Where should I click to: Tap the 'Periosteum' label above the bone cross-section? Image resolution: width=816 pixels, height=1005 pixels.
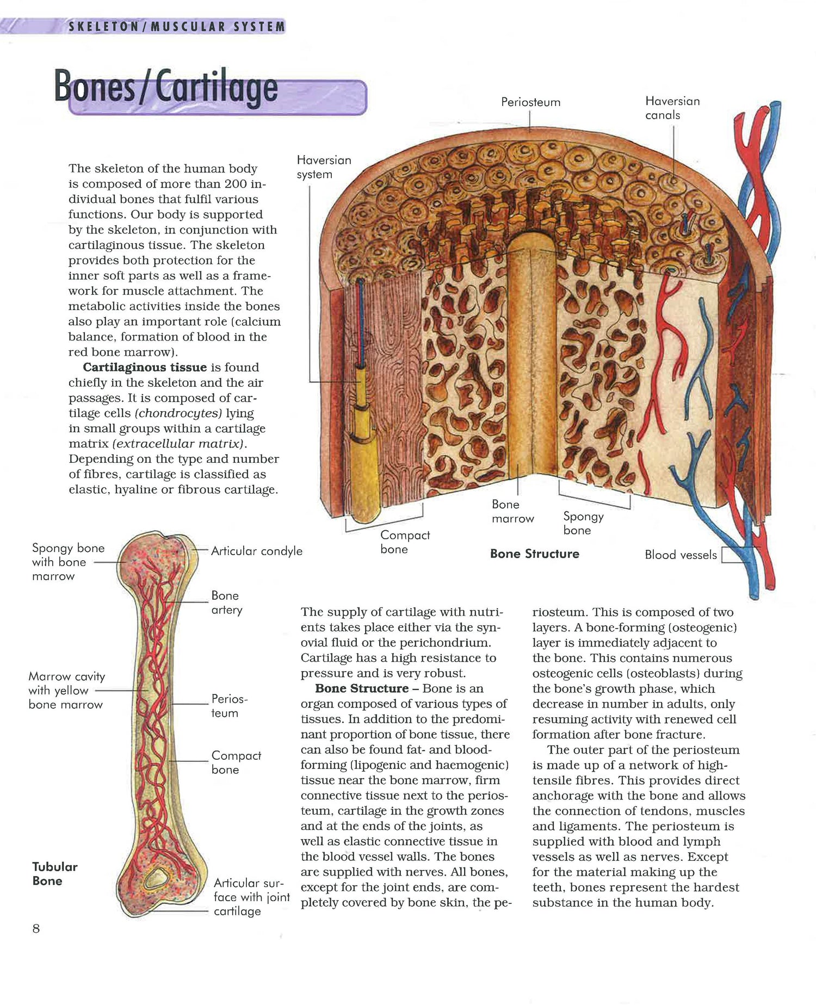point(530,102)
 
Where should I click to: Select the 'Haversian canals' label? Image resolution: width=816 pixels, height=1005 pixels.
point(672,108)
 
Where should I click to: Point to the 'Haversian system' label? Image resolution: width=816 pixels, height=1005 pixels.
point(324,167)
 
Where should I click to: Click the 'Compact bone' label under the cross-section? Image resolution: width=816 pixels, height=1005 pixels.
point(405,542)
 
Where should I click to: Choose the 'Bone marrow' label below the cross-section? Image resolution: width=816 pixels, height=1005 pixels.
point(512,511)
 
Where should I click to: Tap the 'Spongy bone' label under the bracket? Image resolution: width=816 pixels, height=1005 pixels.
point(583,523)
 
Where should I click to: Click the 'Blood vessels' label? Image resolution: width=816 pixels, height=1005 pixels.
point(681,555)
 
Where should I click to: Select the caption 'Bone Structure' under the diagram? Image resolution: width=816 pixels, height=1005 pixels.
point(534,554)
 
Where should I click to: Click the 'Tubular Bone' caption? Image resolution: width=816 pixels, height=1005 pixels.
point(54,873)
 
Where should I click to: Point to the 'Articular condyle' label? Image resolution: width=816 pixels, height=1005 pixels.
point(256,551)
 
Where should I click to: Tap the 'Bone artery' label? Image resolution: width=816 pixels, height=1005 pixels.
point(226,603)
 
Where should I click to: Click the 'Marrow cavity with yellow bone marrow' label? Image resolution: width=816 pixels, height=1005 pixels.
point(66,690)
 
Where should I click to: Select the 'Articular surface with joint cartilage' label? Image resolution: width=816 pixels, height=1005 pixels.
point(251,897)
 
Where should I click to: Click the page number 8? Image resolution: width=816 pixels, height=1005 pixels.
point(36,928)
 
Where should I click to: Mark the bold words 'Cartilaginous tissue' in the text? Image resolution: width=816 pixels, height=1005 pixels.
point(145,367)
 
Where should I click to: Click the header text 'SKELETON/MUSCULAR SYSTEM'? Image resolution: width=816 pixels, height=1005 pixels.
point(176,26)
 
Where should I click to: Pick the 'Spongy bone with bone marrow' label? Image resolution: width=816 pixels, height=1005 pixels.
point(68,562)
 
